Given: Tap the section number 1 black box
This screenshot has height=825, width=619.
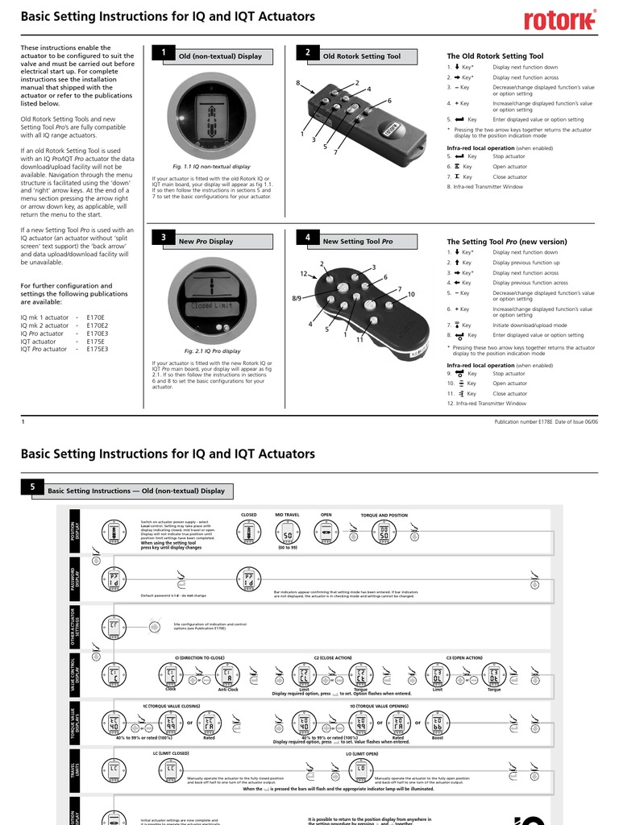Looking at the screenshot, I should point(163,53).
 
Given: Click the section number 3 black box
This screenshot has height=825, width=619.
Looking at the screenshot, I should point(163,238).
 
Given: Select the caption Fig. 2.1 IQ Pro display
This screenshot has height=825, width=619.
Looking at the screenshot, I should point(212,351).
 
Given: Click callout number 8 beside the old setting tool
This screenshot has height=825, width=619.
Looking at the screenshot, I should point(297,84).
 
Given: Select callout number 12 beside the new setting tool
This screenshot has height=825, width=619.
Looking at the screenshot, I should point(304,275).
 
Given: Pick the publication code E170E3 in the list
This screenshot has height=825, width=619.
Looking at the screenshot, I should point(97,333).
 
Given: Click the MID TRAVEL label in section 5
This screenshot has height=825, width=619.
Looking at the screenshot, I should point(287,514).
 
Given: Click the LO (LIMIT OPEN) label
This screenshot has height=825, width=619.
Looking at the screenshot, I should point(361,753).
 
